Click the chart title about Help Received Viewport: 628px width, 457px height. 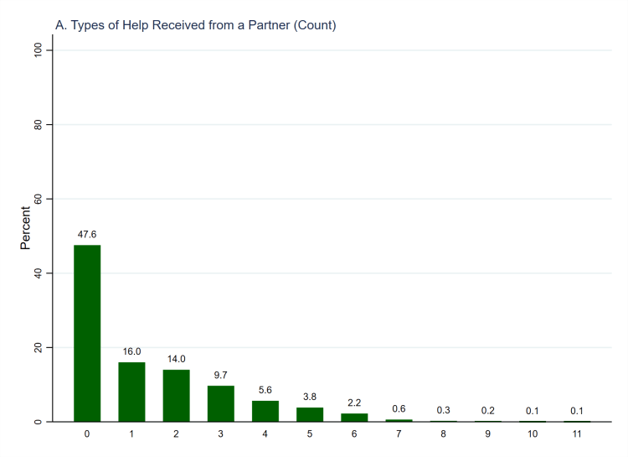[195, 25]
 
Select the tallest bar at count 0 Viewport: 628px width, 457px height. [87, 333]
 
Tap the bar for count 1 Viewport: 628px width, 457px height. [131, 392]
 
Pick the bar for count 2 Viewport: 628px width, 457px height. [176, 396]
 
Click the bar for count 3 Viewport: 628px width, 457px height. [220, 403]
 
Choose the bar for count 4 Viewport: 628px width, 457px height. [265, 411]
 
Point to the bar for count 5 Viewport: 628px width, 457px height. [310, 414]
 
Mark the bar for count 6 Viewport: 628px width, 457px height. [354, 417]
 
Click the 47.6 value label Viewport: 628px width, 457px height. [87, 235]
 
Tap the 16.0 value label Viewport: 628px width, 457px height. [131, 352]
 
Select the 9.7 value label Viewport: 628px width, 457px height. [220, 375]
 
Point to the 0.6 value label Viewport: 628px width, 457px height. [399, 408]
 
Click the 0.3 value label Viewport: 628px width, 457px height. [443, 410]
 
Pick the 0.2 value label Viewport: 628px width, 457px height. [487, 410]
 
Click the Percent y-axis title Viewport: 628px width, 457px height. [26, 228]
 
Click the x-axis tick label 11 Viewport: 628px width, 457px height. [576, 434]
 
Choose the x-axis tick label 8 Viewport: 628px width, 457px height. [443, 434]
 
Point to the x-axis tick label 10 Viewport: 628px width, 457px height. [532, 434]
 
